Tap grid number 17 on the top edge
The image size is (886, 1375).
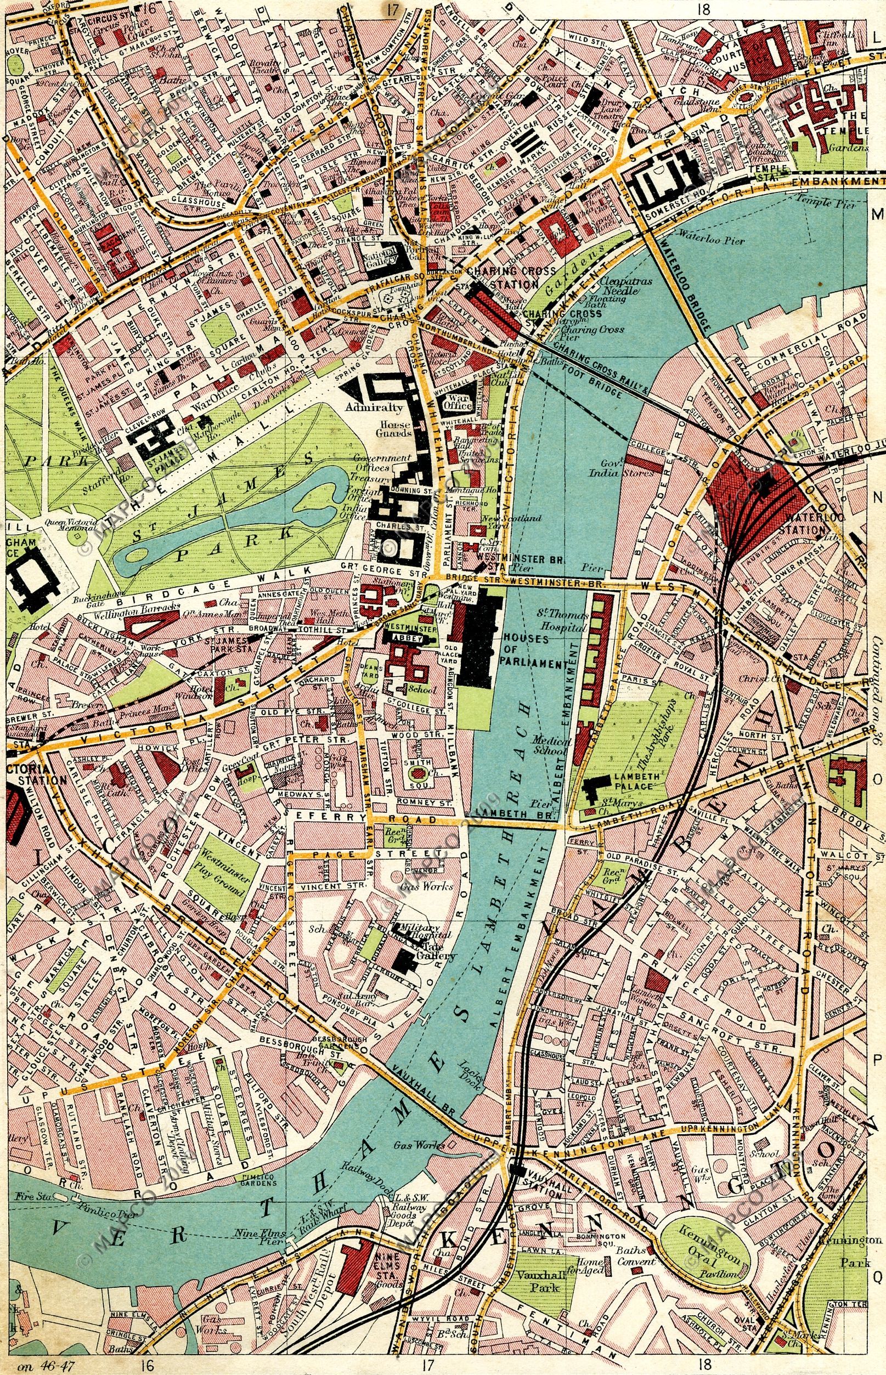393,9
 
